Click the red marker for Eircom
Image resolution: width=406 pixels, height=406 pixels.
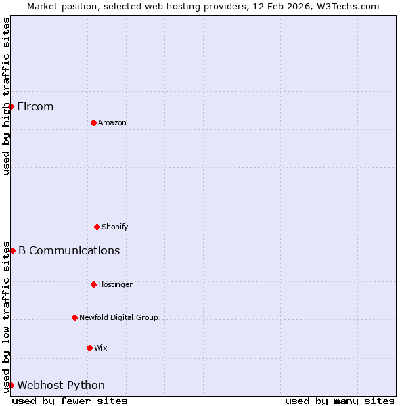pos(11,106)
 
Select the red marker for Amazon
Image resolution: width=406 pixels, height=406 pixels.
pos(93,122)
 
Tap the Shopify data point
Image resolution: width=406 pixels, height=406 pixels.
pos(97,227)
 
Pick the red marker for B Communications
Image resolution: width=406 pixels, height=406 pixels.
pos(12,250)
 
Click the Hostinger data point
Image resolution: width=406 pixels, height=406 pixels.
pos(93,284)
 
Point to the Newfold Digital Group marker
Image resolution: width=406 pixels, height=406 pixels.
pos(74,317)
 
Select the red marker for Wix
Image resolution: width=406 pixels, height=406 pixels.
pos(89,348)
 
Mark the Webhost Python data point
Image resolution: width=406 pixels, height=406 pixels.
pos(11,385)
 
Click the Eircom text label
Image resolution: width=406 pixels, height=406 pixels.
pos(35,107)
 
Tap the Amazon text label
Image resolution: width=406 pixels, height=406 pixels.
pos(112,123)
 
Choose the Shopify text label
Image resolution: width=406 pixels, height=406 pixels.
pos(115,227)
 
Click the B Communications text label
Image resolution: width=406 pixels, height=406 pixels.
pos(69,251)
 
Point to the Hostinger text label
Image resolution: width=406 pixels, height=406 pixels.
pos(115,285)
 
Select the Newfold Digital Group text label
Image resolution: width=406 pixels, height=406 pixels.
pos(118,318)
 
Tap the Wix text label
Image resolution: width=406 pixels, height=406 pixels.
pos(101,348)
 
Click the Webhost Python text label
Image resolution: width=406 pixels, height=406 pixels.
pos(61,386)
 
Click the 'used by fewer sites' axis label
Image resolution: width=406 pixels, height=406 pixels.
pos(70,401)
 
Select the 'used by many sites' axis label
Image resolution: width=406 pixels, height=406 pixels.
pos(340,401)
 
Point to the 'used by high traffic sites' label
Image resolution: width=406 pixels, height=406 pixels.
pos(6,96)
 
